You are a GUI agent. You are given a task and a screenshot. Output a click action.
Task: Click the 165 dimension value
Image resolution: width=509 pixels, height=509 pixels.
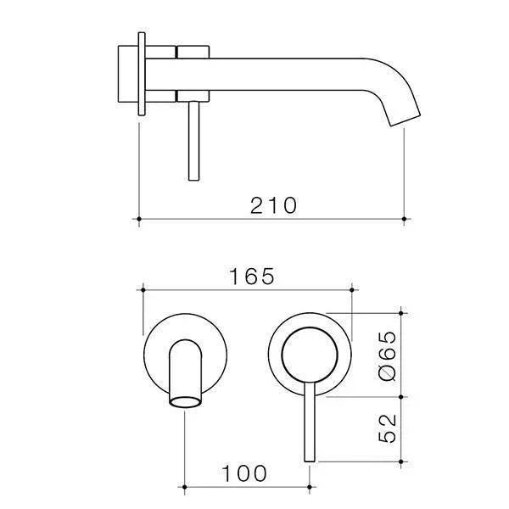pyautogui.click(x=251, y=277)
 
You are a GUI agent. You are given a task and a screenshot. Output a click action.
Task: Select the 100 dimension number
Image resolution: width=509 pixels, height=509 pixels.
pyautogui.click(x=247, y=472)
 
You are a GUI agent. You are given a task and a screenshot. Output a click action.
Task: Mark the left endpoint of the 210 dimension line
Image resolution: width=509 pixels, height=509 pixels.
pyautogui.click(x=138, y=221)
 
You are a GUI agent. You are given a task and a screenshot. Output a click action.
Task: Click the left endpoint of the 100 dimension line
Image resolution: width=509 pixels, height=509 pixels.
pyautogui.click(x=186, y=487)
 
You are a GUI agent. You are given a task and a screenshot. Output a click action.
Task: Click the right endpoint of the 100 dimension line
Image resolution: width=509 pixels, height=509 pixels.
pyautogui.click(x=309, y=487)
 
